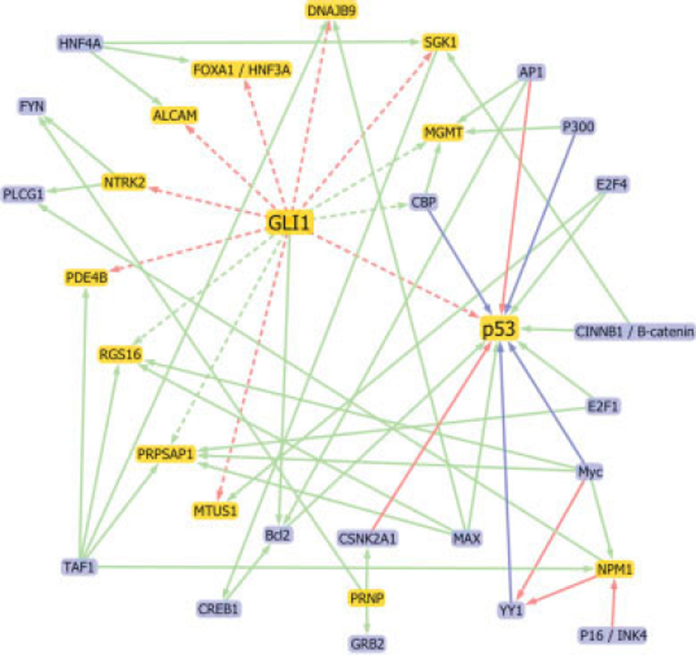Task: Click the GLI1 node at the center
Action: click(289, 223)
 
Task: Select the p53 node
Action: click(498, 329)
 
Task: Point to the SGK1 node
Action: click(441, 43)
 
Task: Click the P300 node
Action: click(577, 126)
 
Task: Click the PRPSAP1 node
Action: click(166, 454)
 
